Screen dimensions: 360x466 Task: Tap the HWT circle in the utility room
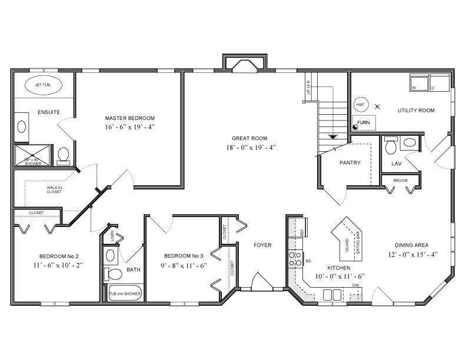360,105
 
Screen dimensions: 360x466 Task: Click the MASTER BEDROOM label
130,118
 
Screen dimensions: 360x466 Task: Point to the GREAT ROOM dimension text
249,147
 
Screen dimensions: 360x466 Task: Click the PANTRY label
349,163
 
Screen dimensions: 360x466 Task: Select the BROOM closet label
400,180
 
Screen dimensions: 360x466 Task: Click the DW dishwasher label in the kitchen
355,285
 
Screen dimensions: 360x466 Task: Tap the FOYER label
262,245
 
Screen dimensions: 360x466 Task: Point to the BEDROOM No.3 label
184,255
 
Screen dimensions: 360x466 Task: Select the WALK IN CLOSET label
54,189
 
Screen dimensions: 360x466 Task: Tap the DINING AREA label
411,245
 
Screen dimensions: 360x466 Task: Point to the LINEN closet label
112,235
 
